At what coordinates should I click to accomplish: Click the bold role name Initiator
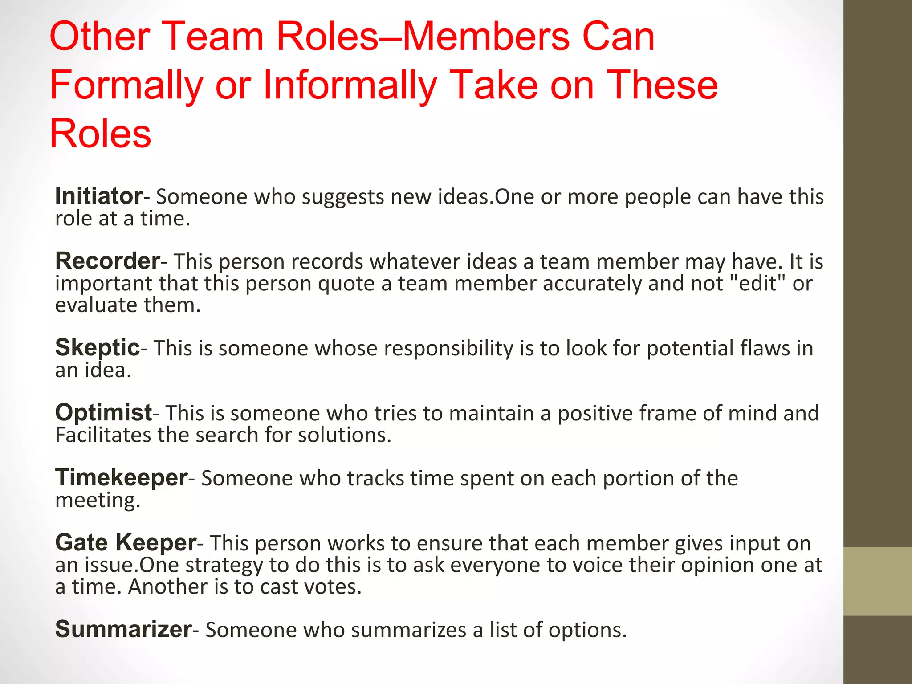pyautogui.click(x=98, y=196)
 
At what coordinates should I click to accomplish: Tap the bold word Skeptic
pyautogui.click(x=98, y=347)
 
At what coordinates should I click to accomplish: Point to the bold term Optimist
pyautogui.click(x=103, y=412)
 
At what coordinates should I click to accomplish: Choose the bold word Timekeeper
pyautogui.click(x=121, y=477)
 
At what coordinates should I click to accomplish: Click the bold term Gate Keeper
pyautogui.click(x=126, y=542)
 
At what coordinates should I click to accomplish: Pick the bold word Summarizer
pyautogui.click(x=123, y=629)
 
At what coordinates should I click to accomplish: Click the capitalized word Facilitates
pyautogui.click(x=103, y=435)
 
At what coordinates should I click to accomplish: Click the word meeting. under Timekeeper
pyautogui.click(x=98, y=500)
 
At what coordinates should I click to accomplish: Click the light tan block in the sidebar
pyautogui.click(x=877, y=581)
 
